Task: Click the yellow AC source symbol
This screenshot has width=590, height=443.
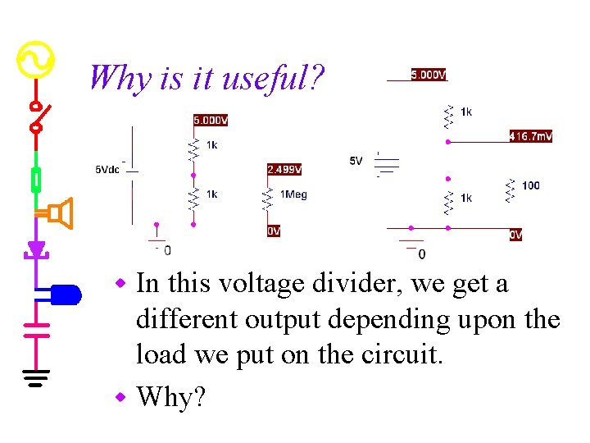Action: click(36, 60)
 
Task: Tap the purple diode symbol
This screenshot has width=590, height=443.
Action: click(36, 248)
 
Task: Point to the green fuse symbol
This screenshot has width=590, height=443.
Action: click(36, 178)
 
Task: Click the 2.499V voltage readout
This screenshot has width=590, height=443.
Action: click(284, 170)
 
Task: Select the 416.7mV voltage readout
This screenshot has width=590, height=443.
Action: click(530, 136)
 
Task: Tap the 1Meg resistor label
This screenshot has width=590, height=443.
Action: click(293, 194)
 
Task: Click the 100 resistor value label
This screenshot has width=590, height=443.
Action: click(530, 185)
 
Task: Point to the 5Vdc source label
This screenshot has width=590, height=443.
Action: click(108, 170)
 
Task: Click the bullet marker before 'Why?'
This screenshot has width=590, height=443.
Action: click(121, 398)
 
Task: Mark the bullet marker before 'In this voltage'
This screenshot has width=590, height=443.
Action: click(121, 284)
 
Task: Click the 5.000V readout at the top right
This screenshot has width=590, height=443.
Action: click(429, 75)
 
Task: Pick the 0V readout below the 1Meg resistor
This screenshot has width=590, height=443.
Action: click(274, 231)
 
